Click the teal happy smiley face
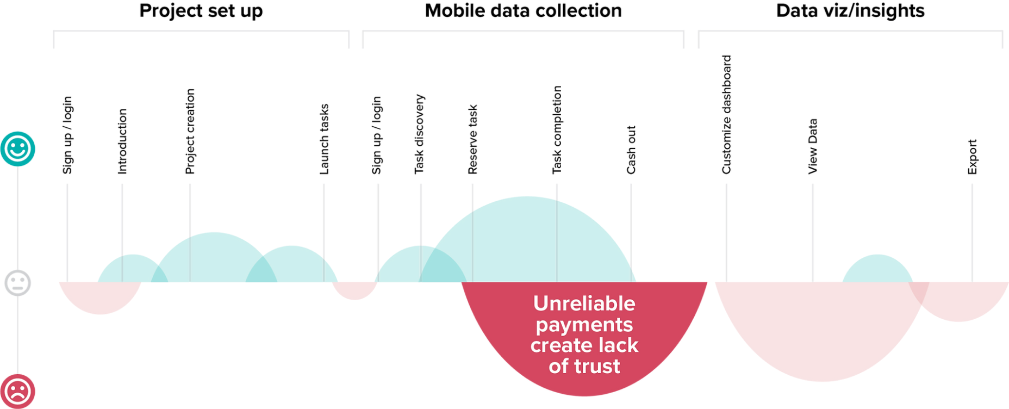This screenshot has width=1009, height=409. [18, 148]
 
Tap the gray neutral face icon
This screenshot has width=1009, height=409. [18, 282]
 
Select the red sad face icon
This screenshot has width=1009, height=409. [18, 391]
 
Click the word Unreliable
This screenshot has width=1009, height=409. [584, 303]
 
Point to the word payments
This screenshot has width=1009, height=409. [584, 325]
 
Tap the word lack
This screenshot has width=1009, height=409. [616, 346]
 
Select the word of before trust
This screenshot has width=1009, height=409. [558, 366]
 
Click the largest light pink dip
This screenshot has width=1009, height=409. [821, 326]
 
